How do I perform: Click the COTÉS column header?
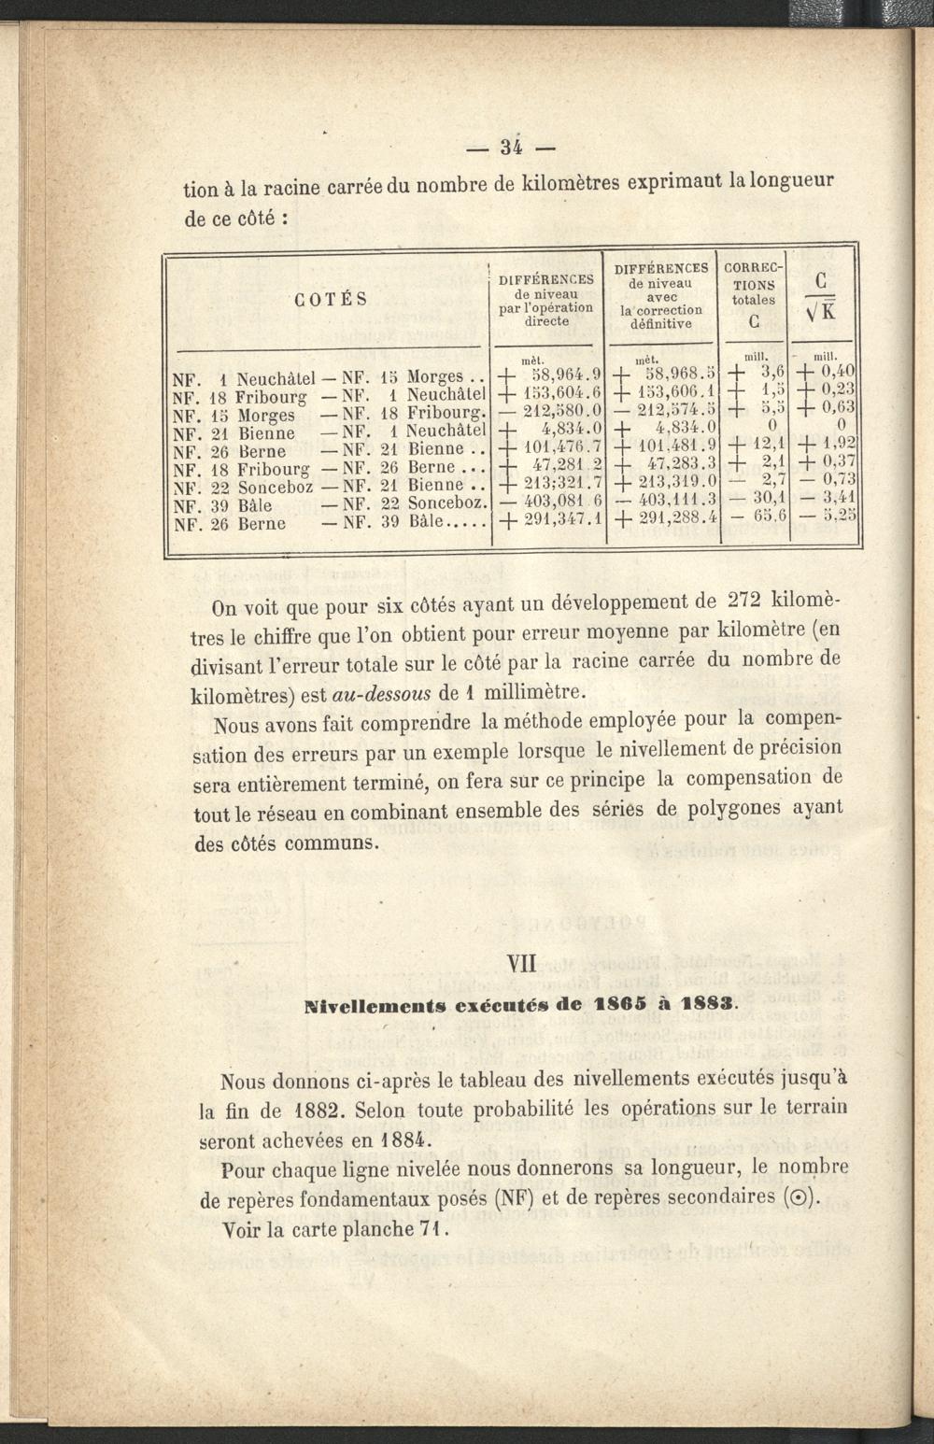click(x=330, y=300)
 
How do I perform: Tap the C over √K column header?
click(x=823, y=296)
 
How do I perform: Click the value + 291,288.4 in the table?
click(x=666, y=516)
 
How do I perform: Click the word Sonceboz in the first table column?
click(x=276, y=488)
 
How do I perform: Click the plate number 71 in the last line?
click(x=430, y=1229)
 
